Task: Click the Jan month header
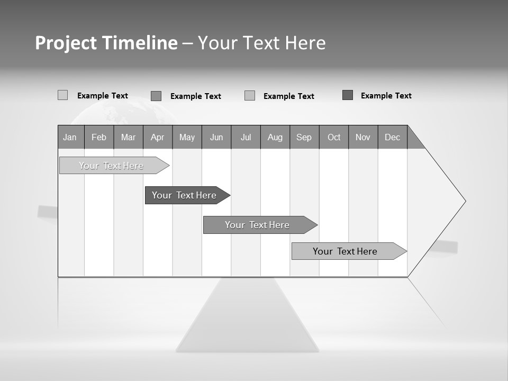point(70,137)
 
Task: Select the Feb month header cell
point(99,137)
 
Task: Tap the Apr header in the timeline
point(157,137)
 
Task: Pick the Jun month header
point(216,137)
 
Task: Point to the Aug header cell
point(275,137)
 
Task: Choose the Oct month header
point(334,137)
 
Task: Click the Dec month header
point(392,137)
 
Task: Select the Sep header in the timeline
point(304,137)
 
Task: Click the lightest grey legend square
point(62,95)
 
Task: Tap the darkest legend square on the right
point(348,95)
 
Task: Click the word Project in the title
point(66,43)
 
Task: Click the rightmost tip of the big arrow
point(465,201)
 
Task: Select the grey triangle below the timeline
point(247,317)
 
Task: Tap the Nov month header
point(363,137)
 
